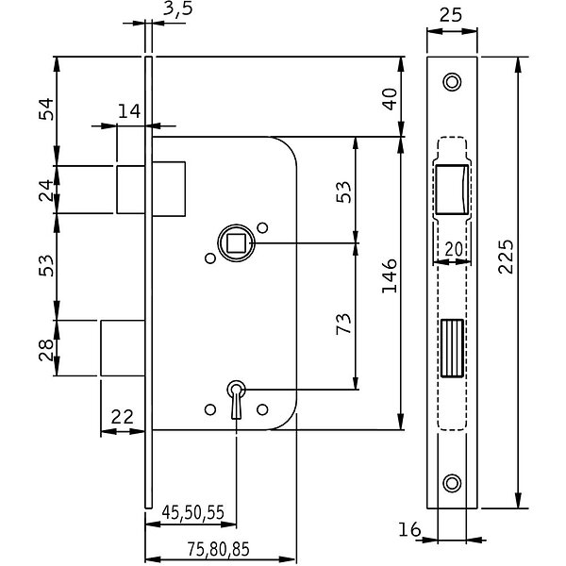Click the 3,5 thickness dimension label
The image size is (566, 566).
click(177, 8)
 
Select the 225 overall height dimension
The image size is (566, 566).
click(506, 257)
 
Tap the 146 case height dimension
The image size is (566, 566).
click(390, 275)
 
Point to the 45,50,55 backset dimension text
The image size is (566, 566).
click(193, 512)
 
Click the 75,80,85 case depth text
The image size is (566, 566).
click(219, 549)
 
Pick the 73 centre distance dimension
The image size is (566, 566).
click(343, 324)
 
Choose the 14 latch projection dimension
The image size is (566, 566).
click(129, 111)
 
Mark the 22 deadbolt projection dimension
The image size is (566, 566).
click(123, 417)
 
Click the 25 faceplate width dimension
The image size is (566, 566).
click(451, 15)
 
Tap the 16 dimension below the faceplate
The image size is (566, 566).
click(409, 529)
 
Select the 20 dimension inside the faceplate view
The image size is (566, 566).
click(454, 249)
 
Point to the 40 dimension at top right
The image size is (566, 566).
click(390, 99)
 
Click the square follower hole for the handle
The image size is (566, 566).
click(236, 243)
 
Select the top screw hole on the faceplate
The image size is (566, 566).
click(452, 82)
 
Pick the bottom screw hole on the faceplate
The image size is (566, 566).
click(452, 483)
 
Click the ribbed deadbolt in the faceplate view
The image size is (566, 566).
click(452, 348)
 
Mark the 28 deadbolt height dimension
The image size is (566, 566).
click(46, 350)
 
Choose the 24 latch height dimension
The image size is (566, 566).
click(46, 191)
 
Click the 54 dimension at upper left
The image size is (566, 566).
click(46, 109)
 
